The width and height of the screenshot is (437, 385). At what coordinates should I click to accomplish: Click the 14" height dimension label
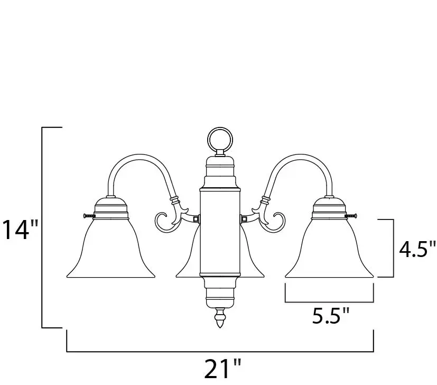click(20, 230)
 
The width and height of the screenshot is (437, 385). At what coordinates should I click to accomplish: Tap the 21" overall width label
click(222, 369)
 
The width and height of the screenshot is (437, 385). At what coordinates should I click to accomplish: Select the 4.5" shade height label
click(416, 249)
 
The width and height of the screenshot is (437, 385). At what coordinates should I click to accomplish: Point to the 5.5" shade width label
click(331, 316)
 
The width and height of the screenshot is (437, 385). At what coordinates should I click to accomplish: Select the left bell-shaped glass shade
click(110, 249)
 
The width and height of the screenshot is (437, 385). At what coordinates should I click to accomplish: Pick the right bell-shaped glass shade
click(329, 249)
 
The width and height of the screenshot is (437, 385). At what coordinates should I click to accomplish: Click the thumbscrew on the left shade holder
click(89, 216)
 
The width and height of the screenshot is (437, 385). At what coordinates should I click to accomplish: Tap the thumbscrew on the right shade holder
click(351, 216)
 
